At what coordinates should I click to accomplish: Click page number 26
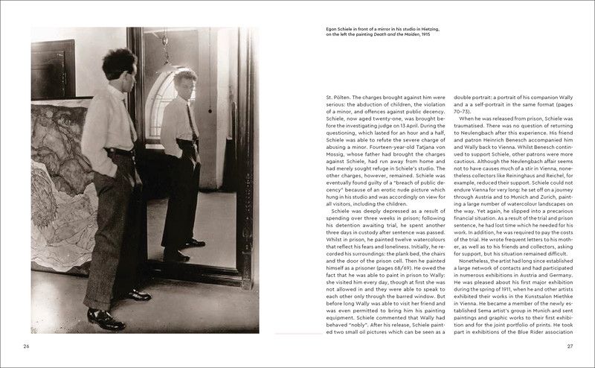[x=26, y=346]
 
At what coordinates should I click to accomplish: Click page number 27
[x=570, y=346]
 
